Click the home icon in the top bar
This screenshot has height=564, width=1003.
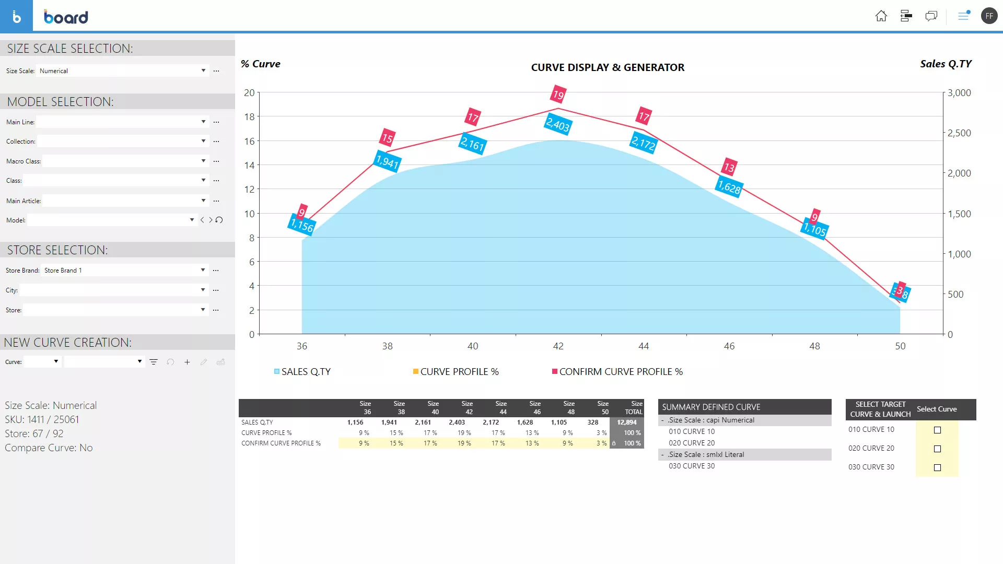point(881,16)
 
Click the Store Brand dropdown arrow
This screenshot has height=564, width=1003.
point(203,270)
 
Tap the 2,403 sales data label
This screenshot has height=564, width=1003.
point(558,125)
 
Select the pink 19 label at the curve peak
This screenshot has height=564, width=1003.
point(558,95)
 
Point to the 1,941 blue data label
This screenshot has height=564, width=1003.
point(388,161)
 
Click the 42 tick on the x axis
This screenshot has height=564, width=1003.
point(558,346)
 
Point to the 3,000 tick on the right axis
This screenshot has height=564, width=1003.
point(959,93)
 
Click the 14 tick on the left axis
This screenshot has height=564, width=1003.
point(249,166)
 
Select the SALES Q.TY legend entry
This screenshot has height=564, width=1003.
point(306,372)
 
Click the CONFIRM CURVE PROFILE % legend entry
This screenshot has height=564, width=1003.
point(621,372)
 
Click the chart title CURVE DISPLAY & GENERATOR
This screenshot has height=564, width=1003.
point(608,67)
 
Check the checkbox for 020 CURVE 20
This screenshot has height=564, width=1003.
point(937,449)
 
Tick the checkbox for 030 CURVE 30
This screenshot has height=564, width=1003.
point(937,467)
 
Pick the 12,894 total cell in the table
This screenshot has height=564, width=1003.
point(626,422)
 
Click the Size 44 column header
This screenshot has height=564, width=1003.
point(500,408)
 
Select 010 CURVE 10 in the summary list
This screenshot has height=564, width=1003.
point(692,431)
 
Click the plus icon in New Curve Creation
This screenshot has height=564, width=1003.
point(187,362)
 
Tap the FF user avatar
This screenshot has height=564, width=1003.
point(989,16)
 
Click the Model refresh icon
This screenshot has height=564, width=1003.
point(219,220)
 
